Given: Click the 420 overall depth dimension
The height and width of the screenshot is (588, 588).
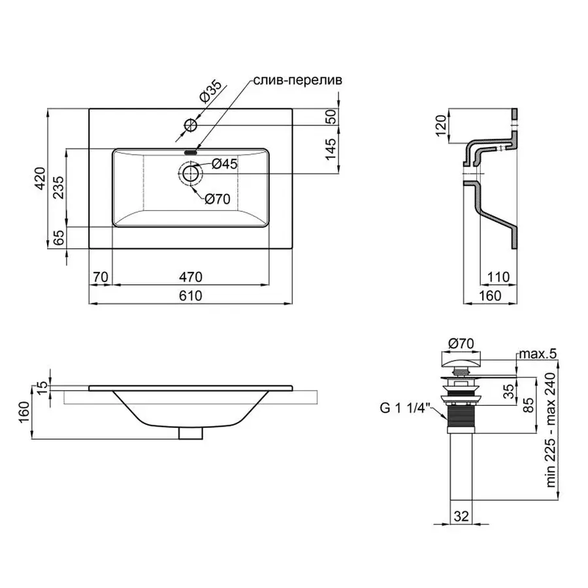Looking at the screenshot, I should (40, 178).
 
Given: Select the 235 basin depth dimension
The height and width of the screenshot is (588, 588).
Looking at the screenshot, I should (58, 188).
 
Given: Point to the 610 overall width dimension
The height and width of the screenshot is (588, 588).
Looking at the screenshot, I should (189, 296).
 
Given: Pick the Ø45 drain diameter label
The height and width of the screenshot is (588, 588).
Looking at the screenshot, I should (225, 164).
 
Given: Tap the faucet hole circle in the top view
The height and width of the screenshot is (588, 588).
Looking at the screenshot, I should (191, 124).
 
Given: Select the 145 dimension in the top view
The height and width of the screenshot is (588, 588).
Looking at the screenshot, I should (331, 150).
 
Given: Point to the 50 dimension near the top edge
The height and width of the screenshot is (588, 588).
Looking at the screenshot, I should (331, 118).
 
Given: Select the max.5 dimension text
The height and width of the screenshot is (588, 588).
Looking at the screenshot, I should (537, 354).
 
